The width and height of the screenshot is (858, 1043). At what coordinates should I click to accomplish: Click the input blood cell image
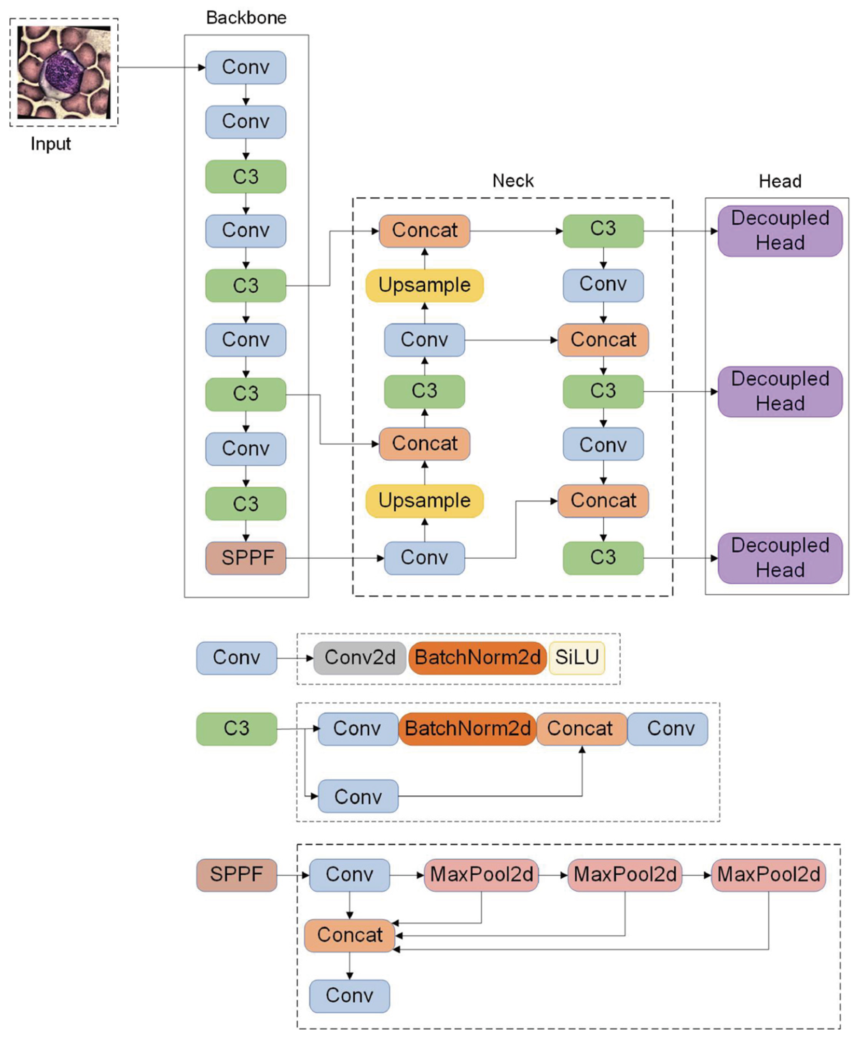pyautogui.click(x=64, y=72)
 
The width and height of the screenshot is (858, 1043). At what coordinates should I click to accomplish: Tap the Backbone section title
pyautogui.click(x=246, y=18)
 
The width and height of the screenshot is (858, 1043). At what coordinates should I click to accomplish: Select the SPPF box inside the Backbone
pyautogui.click(x=246, y=557)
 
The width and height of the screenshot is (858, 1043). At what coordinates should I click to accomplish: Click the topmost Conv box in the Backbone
pyautogui.click(x=246, y=67)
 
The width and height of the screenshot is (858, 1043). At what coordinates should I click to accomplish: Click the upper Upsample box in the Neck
pyautogui.click(x=424, y=285)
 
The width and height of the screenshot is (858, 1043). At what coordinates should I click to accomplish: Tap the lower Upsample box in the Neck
pyautogui.click(x=424, y=501)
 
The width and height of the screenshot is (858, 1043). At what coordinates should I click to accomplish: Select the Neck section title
pyautogui.click(x=513, y=181)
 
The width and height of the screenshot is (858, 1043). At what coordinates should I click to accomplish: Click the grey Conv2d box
pyautogui.click(x=360, y=657)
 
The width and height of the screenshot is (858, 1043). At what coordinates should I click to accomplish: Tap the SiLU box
pyautogui.click(x=576, y=657)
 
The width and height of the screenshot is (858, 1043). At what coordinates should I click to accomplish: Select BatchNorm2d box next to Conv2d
pyautogui.click(x=477, y=657)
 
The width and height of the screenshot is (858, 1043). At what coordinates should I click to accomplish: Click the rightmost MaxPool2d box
pyautogui.click(x=767, y=875)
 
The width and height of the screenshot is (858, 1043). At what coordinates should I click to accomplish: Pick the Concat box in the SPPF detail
pyautogui.click(x=349, y=935)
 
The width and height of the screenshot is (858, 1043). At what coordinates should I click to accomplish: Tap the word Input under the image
pyautogui.click(x=50, y=144)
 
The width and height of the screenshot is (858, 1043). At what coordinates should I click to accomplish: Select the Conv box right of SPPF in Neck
pyautogui.click(x=424, y=557)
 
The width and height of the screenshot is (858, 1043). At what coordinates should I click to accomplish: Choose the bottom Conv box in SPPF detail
pyautogui.click(x=349, y=995)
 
